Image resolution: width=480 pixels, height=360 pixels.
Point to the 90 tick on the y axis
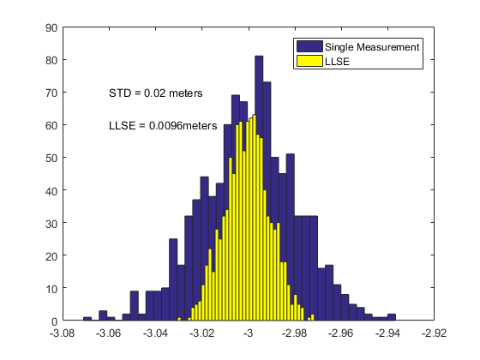click(51, 27)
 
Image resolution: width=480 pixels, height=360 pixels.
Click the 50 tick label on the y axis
click(51, 158)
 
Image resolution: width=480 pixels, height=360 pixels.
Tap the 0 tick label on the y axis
click(54, 321)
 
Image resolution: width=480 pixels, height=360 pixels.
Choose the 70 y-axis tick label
click(51, 93)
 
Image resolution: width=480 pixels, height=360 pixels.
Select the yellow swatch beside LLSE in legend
click(309, 61)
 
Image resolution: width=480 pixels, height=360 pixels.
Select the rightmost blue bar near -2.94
click(391, 317)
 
